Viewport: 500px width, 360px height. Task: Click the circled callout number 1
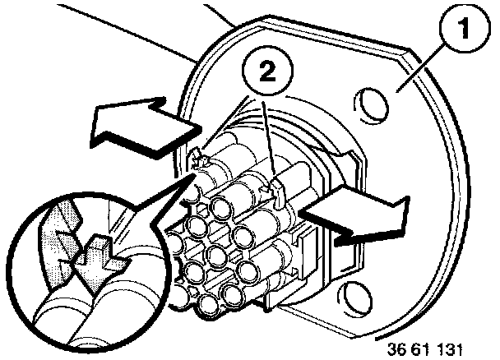pos(465,29)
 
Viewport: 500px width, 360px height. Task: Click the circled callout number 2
pos(267,72)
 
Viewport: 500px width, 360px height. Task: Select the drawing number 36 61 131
pos(424,349)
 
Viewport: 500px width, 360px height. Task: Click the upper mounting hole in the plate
pos(371,106)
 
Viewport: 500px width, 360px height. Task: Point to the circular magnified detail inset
pos(86,270)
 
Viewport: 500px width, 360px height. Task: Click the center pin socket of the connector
pos(216,254)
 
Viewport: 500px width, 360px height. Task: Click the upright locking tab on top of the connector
pos(278,193)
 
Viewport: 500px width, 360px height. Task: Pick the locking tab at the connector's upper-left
pos(199,159)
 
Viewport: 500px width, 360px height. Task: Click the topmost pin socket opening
pos(222,206)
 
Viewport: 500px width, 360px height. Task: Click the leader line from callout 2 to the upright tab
pos(269,141)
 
